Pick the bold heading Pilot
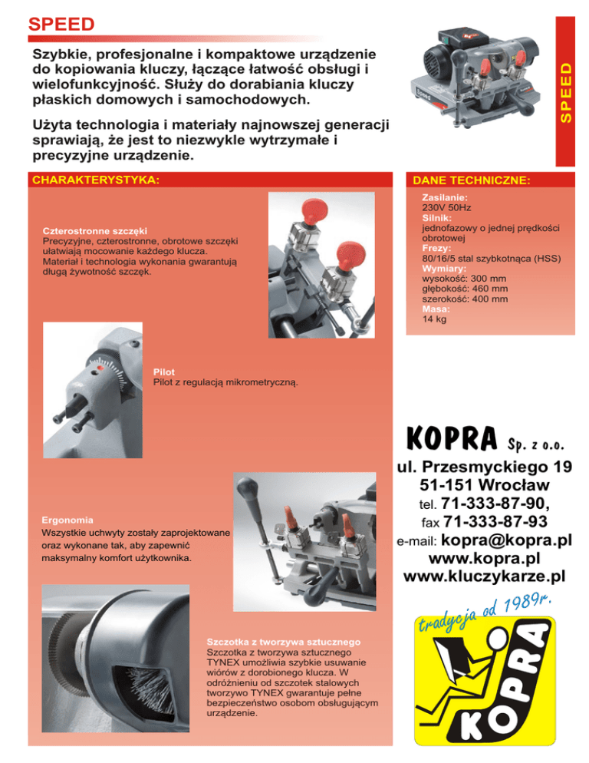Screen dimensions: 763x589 point(163,371)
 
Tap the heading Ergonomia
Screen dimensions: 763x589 point(68,520)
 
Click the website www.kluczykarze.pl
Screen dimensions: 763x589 point(484,575)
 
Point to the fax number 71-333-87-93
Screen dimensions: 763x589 point(495,523)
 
